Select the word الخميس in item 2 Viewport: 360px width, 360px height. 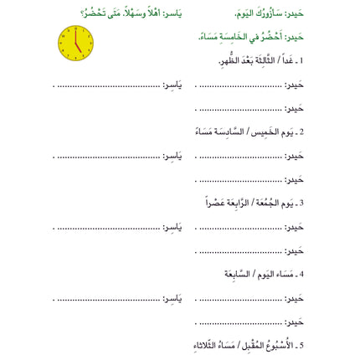[269, 132]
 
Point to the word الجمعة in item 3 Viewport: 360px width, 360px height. [265, 203]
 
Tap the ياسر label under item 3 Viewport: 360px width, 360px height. [171, 228]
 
